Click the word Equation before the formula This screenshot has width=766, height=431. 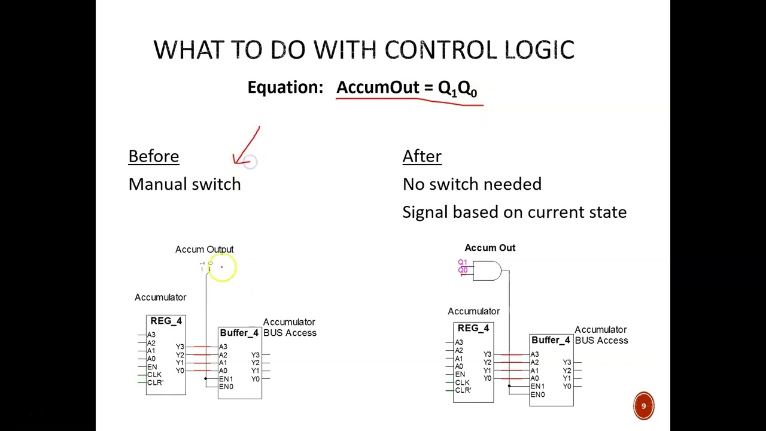pos(285,87)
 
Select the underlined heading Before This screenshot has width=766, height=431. pos(154,156)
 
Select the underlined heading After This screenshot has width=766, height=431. pos(422,156)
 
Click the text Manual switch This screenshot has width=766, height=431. pos(184,184)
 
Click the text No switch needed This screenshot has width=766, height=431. pos(472,184)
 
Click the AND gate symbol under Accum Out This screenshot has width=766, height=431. pos(487,271)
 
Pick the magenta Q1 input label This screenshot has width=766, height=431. pos(462,262)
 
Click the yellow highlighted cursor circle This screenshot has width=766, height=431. pos(222,268)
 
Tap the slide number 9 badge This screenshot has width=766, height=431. pos(644,406)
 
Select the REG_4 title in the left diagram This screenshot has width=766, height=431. pos(166,321)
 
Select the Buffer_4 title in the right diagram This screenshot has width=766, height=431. pos(551,340)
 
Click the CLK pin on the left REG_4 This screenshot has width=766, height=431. pos(154,375)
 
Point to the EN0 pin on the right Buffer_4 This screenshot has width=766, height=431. pos(537,394)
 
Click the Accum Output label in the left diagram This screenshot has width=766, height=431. pos(204,249)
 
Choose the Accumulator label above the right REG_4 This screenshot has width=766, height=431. pos(473,311)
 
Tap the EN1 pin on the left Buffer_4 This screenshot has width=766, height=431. pos(226,379)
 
